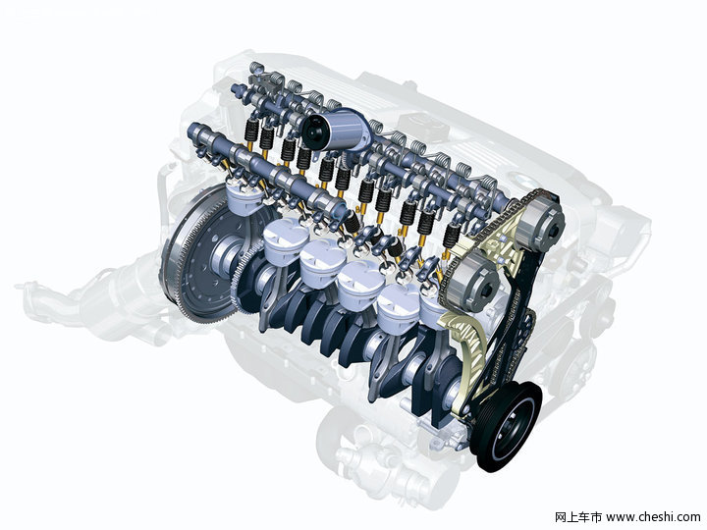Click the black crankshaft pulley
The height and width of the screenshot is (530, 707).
506,425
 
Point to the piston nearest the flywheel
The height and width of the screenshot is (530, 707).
245,198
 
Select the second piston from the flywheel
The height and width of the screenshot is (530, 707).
281,243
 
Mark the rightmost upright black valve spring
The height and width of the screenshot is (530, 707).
452,235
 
